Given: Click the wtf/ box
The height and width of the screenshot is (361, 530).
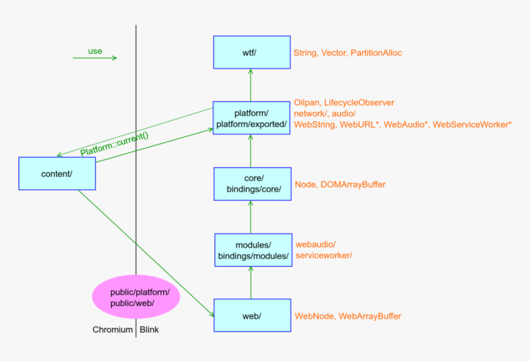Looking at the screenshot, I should [x=251, y=52].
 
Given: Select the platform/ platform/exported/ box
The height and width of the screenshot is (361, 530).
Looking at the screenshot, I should [x=251, y=119].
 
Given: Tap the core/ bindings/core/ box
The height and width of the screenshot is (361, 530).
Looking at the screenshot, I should [x=251, y=184].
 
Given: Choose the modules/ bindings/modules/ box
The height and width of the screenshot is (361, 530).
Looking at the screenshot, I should [x=253, y=250].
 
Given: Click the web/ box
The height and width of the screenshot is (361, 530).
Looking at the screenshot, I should [x=251, y=316].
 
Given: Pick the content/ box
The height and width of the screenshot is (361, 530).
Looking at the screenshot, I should [x=57, y=173].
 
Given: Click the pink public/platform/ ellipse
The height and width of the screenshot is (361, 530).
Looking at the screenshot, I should [x=136, y=298].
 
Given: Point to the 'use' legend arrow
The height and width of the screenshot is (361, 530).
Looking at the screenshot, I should [x=94, y=58].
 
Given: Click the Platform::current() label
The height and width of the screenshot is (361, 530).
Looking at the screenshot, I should [x=115, y=144].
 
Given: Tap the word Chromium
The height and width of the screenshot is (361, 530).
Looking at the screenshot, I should [x=113, y=330].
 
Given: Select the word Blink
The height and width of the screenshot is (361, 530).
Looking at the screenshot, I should [x=149, y=330].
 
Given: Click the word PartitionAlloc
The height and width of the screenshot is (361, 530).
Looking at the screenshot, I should [x=376, y=53].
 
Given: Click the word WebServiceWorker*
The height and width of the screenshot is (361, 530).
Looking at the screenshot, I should [x=472, y=125].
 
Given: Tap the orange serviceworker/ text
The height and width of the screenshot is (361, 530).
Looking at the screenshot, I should [x=324, y=255].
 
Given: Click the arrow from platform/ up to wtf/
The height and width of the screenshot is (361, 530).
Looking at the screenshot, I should [x=251, y=84].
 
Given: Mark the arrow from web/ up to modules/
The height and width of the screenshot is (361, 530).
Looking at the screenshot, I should [x=251, y=283].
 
